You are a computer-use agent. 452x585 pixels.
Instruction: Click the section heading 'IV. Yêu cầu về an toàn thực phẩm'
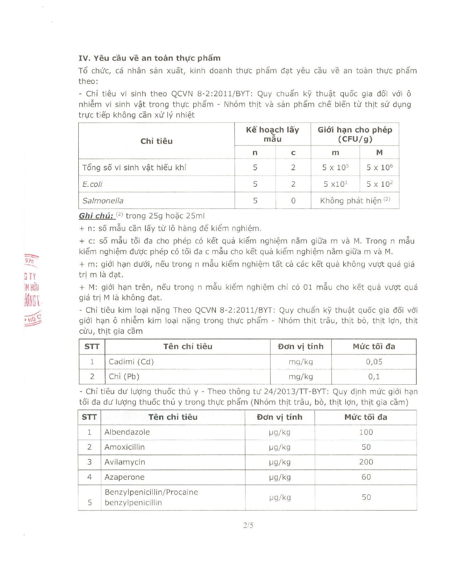coord(149,58)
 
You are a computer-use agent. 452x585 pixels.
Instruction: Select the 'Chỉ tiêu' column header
coord(156,141)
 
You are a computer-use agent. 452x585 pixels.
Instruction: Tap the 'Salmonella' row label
coord(103,201)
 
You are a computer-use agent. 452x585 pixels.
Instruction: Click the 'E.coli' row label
coord(92,184)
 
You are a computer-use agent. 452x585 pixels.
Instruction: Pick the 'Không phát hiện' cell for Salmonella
coord(355,201)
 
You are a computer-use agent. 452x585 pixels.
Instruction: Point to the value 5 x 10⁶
coord(379,167)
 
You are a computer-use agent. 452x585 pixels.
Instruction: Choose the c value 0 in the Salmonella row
coord(293,201)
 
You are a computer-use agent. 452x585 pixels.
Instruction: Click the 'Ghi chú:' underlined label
coord(96,216)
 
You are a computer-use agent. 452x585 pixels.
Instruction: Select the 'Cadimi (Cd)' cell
coord(131,362)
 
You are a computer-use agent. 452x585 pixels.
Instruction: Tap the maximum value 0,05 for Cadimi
coord(374,362)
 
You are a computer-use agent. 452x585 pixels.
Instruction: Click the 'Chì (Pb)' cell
coord(124,377)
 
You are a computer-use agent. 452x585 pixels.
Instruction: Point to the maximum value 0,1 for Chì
coord(374,377)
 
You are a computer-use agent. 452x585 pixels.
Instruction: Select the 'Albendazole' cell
coord(127,432)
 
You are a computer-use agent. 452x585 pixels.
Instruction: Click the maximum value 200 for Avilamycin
coord(366,462)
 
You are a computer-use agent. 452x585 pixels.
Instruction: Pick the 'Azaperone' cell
coord(124,477)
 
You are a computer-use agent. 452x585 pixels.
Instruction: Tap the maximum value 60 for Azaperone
coord(366,477)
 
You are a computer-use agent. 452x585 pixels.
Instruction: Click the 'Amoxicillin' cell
coord(124,447)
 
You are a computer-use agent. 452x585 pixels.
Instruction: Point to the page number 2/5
coord(248,525)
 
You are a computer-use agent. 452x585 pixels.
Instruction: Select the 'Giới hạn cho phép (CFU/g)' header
coord(355,134)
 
